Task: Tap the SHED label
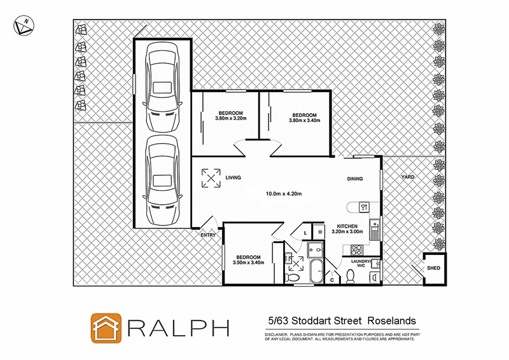point(433,268)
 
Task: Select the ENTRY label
point(208,235)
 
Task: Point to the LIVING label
point(234,178)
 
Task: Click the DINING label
point(355,179)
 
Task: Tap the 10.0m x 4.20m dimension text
point(283,194)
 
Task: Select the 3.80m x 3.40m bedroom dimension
point(304,120)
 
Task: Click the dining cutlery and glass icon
point(364,206)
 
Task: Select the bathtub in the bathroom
point(315,271)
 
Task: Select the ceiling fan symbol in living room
point(211,177)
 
